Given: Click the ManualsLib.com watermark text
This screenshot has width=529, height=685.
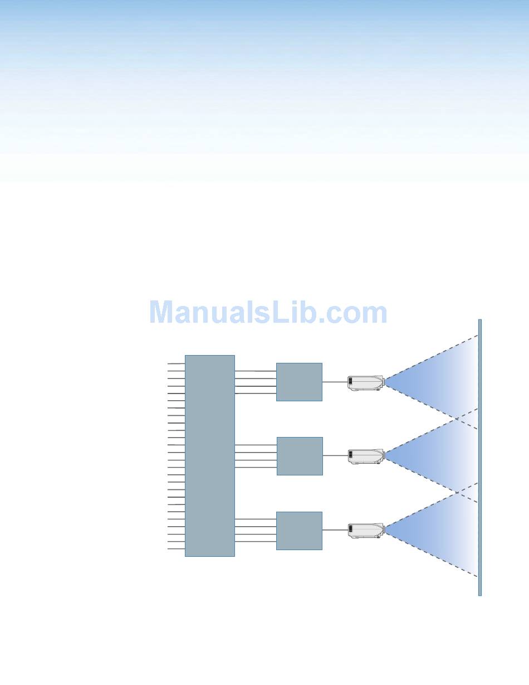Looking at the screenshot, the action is (x=268, y=313).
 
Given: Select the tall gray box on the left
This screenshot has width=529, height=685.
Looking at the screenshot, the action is (x=209, y=455).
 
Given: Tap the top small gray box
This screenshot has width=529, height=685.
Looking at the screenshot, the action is (x=299, y=382).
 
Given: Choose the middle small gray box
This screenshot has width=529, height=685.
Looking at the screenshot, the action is (x=300, y=456).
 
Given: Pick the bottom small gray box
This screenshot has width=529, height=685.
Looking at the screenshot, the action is (x=299, y=531).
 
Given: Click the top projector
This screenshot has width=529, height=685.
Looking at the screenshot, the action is (x=366, y=382).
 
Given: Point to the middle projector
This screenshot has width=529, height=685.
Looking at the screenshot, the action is (x=366, y=456).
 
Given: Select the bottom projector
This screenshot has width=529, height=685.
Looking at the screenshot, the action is (x=366, y=531).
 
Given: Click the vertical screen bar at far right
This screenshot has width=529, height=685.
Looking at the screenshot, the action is (x=479, y=457).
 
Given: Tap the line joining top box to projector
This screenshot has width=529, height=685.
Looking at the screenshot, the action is (x=335, y=382).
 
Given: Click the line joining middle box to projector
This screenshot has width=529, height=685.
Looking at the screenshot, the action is (x=335, y=456).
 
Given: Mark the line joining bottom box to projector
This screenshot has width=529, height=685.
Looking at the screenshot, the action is (x=335, y=531).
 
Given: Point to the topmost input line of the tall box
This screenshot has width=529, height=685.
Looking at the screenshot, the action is (x=176, y=363).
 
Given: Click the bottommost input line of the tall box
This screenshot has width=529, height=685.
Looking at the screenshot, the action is (x=176, y=549).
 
